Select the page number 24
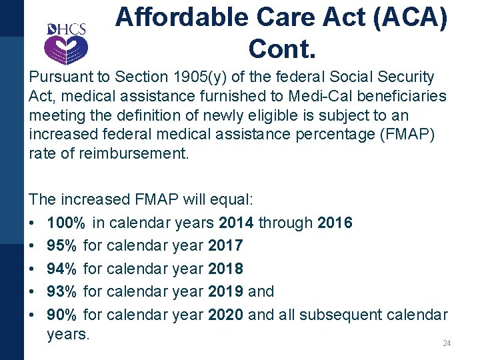(x=447, y=343)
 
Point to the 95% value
(x=63, y=246)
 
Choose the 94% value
(x=63, y=269)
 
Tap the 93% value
(x=63, y=291)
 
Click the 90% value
(x=63, y=314)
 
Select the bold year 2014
(x=237, y=223)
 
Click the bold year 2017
(x=225, y=246)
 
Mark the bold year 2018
(x=225, y=269)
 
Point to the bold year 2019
(x=225, y=291)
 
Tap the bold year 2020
(x=225, y=314)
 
